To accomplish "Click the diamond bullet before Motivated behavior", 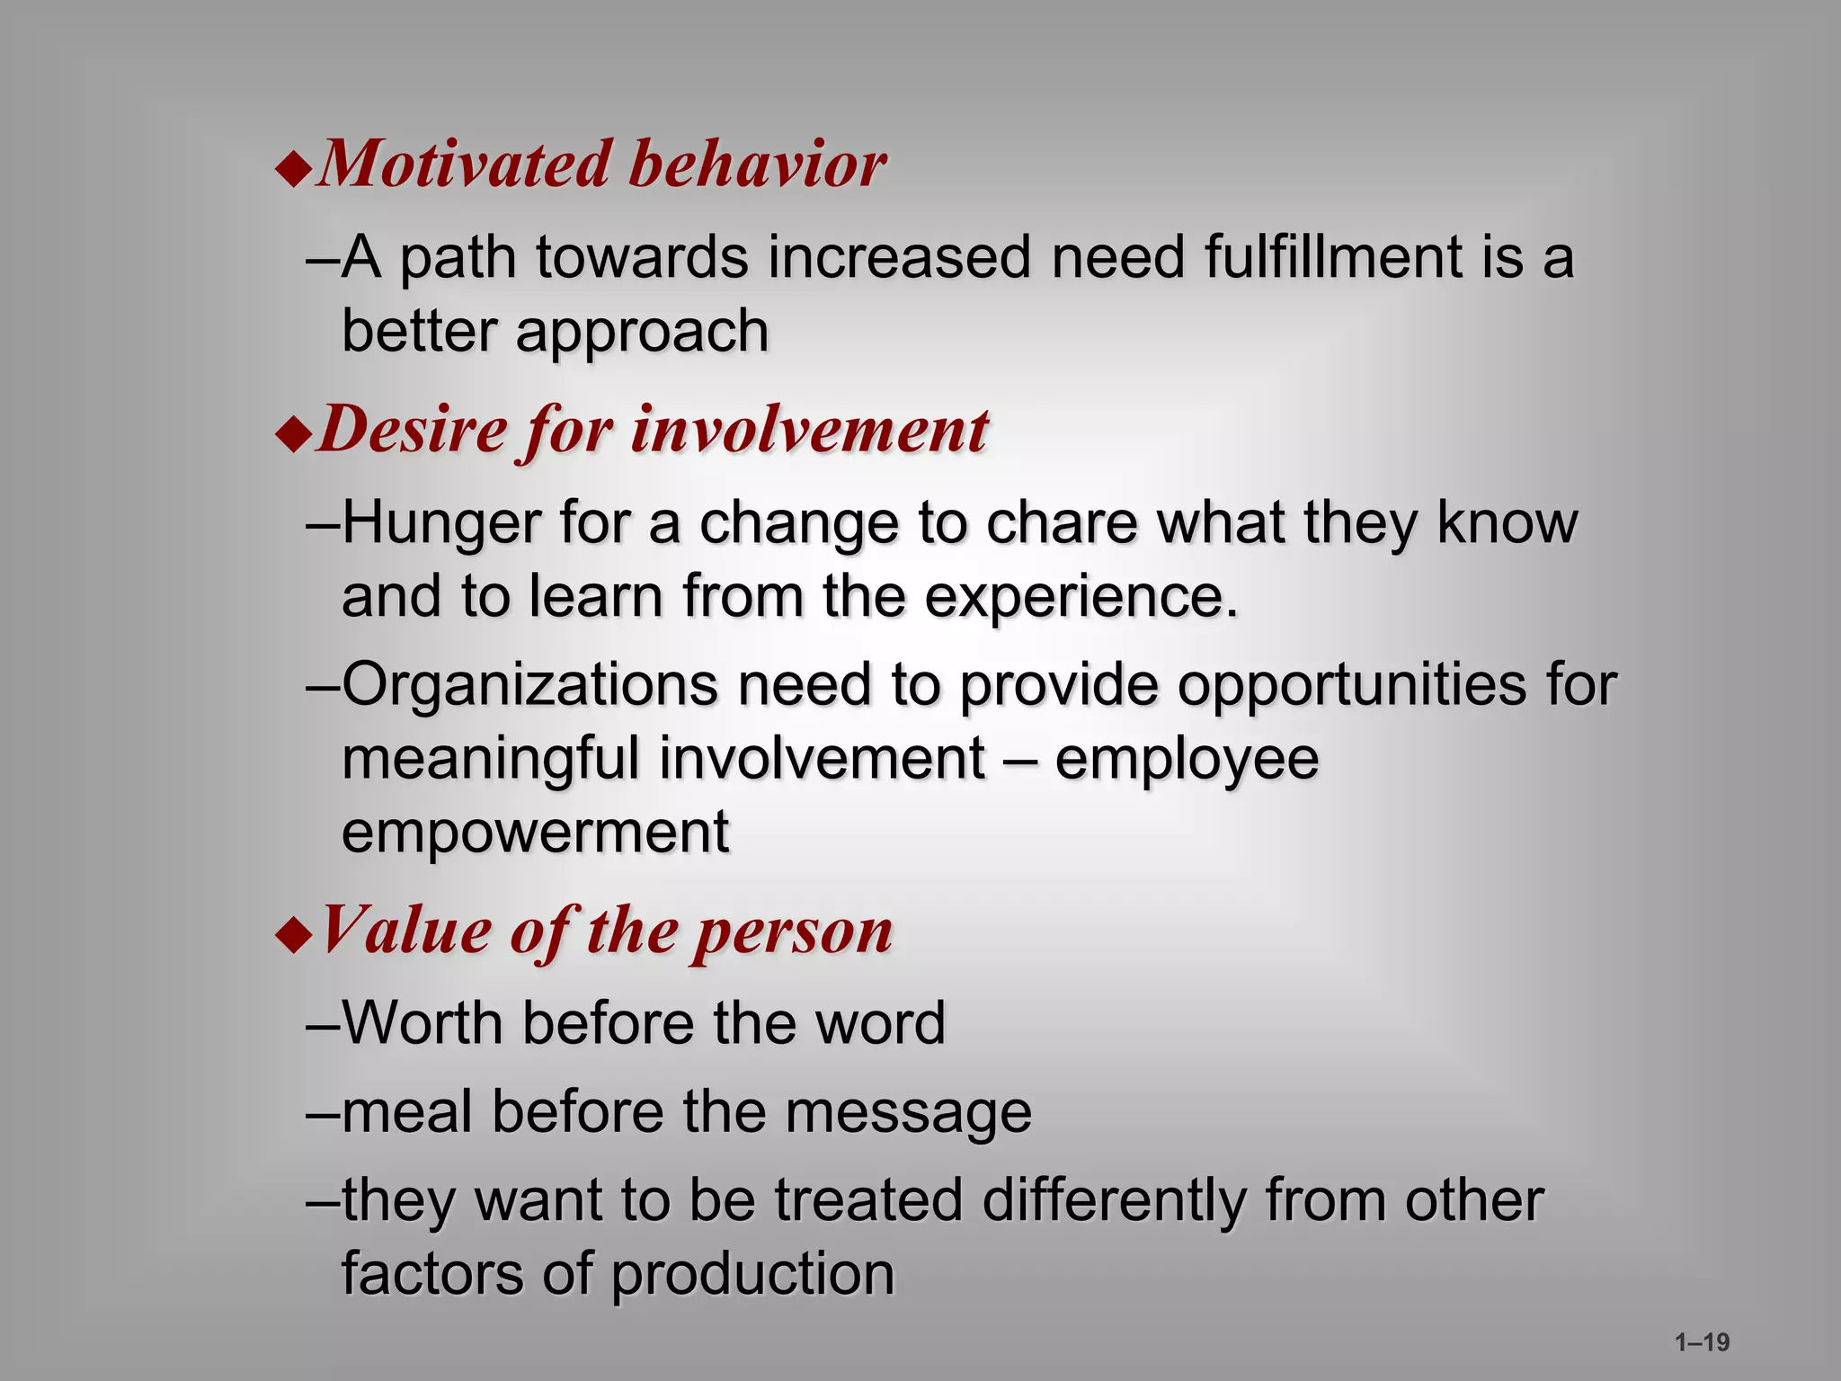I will pos(293,169).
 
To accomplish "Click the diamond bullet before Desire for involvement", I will pos(293,434).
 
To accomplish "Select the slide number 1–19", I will pos(1702,1342).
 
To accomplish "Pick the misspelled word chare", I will pos(1061,523).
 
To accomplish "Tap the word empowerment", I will pos(535,833).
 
